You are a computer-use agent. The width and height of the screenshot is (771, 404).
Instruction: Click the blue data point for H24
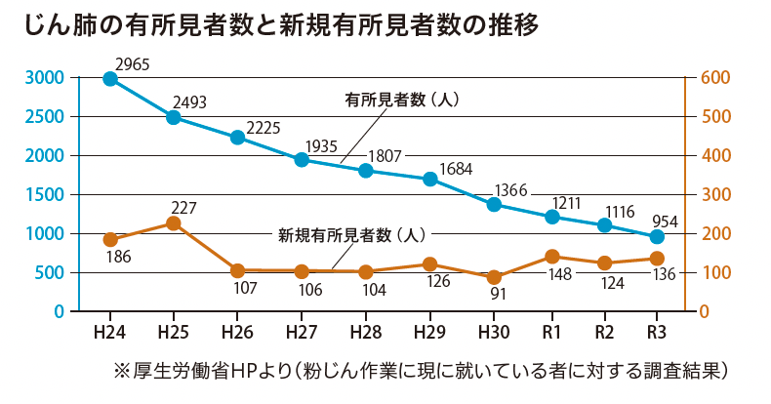point(110,79)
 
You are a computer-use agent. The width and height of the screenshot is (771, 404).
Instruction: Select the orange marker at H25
point(174,223)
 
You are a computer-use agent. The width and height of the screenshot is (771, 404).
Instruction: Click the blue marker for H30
point(494,205)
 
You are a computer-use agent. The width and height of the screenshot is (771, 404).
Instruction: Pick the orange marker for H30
point(494,277)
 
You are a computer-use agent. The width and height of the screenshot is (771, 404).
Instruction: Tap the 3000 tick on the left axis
point(45,78)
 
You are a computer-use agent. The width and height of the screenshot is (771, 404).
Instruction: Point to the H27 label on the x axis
point(302,332)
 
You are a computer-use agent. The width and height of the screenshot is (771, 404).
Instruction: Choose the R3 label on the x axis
point(657,332)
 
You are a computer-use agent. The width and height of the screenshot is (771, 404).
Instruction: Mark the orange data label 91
point(496,294)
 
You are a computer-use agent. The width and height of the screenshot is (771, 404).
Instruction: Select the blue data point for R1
point(552,217)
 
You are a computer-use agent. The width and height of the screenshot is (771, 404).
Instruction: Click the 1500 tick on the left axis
point(45,195)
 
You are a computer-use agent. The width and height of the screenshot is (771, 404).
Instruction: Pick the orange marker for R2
point(605,263)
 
